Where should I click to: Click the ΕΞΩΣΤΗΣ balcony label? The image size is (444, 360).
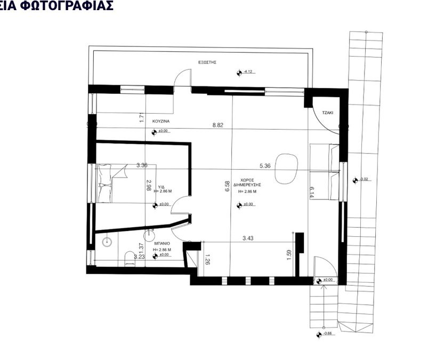[x=206, y=62]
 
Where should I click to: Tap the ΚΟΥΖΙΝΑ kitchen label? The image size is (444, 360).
[x=160, y=121]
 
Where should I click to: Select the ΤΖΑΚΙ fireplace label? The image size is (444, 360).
[x=328, y=113]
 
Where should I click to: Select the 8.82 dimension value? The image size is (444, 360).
[x=217, y=125]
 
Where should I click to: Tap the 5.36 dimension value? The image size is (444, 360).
[x=265, y=166]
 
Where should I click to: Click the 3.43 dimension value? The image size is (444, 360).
[x=248, y=238]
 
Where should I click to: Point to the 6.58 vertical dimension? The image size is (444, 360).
[x=228, y=186]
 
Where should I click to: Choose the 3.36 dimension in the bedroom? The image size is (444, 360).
[x=142, y=165]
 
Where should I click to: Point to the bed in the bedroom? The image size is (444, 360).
[x=111, y=182]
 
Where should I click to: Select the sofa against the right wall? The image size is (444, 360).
[x=325, y=172]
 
